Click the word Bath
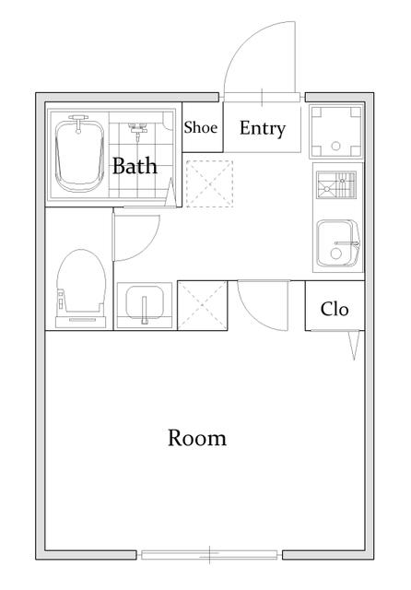tap(135, 166)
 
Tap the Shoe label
tap(200, 127)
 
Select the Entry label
tap(263, 129)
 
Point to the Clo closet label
tap(335, 309)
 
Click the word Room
tap(197, 438)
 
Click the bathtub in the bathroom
tap(80, 155)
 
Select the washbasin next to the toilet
tap(145, 304)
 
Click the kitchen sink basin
tap(338, 243)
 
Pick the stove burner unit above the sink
tap(336, 184)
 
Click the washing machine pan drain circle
tap(335, 146)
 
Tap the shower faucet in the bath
tap(137, 130)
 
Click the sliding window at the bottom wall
tap(209, 555)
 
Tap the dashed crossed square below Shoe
tap(209, 183)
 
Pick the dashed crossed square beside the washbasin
tap(203, 305)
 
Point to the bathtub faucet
tap(78, 124)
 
